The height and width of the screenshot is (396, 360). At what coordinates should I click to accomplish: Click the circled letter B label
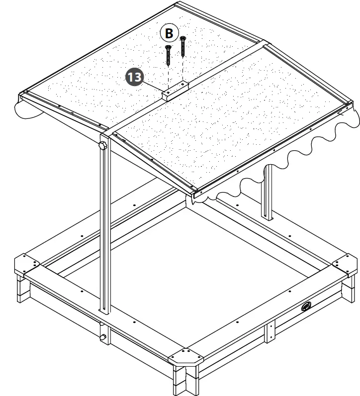point(169,34)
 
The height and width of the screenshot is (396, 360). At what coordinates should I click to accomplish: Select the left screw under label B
point(168,55)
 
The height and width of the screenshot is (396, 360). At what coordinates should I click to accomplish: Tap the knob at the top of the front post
point(103,146)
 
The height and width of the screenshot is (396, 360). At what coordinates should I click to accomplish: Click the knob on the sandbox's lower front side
point(103,338)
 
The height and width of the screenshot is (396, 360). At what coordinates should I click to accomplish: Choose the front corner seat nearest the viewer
point(186,359)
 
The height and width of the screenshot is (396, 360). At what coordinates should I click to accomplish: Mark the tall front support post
point(105,224)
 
